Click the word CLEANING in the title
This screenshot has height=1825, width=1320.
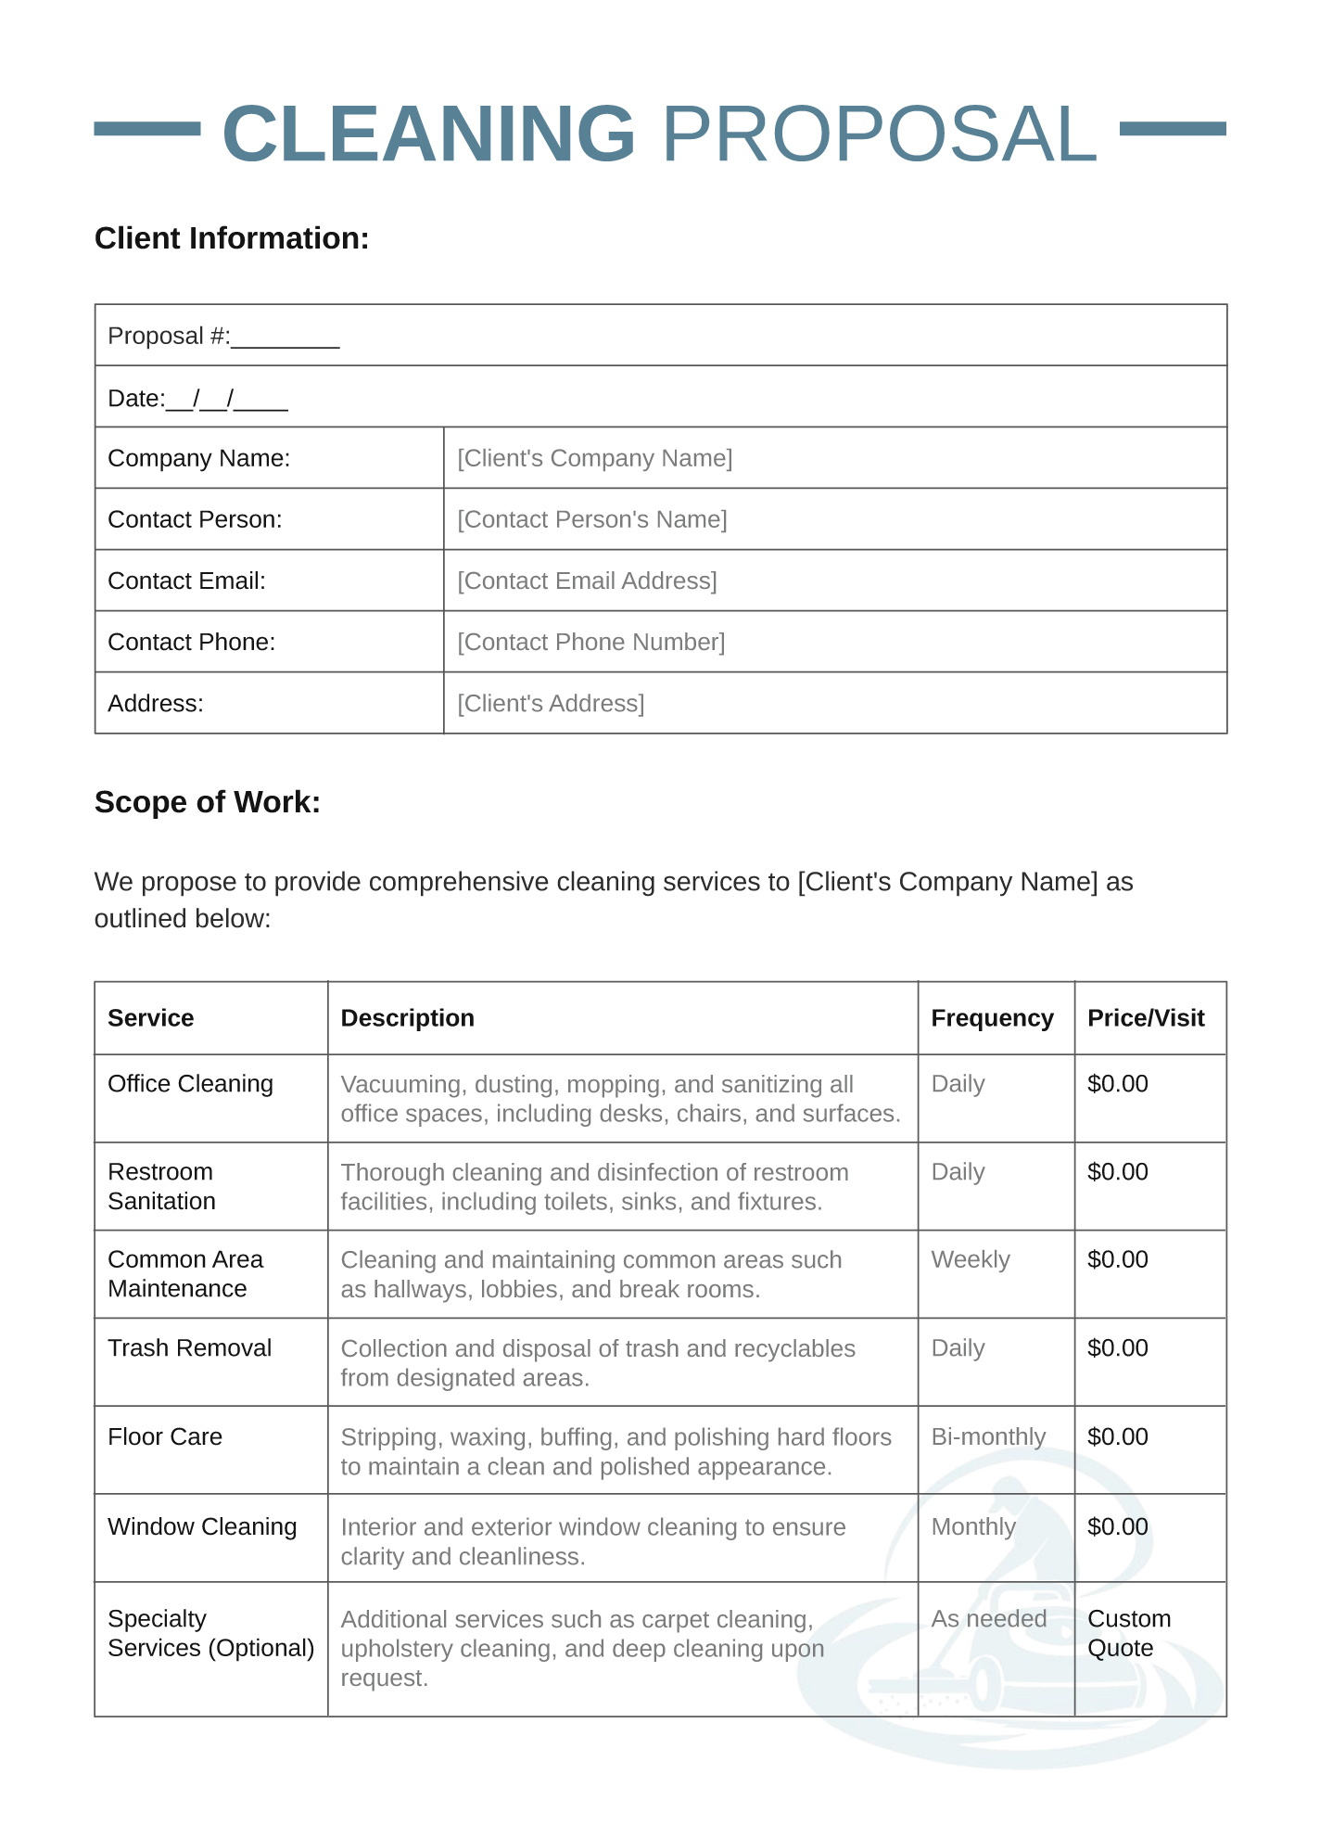click(428, 134)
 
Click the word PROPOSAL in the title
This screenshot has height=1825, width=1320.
click(879, 134)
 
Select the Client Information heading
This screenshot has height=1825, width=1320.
click(232, 238)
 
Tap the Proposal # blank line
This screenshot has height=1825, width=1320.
click(285, 338)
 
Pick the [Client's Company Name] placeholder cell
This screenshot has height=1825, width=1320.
click(594, 458)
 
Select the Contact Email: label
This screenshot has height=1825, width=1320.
click(186, 581)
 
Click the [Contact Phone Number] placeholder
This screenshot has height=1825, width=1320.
click(590, 642)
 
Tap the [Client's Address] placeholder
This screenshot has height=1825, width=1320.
click(551, 703)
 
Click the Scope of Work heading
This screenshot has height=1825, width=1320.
click(208, 802)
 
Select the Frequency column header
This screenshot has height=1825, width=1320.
click(992, 1018)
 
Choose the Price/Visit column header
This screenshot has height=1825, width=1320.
click(1146, 1018)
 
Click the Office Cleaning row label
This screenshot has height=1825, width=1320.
click(190, 1084)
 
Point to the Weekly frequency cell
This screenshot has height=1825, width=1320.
click(971, 1259)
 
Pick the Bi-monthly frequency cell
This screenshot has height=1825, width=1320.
click(988, 1436)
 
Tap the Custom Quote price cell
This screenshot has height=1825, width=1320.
click(1128, 1633)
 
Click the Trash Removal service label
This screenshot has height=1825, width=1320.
click(189, 1348)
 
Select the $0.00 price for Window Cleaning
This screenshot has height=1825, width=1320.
click(1117, 1526)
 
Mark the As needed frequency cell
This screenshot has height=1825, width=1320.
click(988, 1619)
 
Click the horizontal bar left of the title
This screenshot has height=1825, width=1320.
click(147, 129)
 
